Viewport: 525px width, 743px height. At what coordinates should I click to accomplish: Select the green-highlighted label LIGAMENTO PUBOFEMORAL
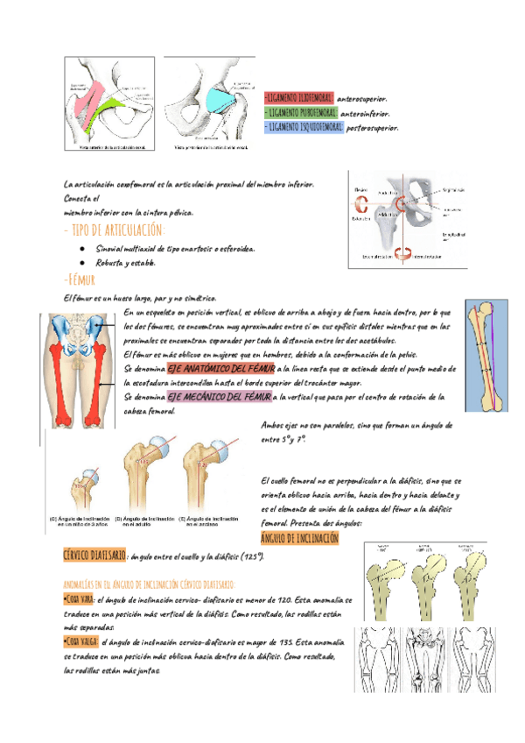(x=298, y=113)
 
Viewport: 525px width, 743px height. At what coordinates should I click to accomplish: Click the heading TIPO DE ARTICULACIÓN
(x=114, y=230)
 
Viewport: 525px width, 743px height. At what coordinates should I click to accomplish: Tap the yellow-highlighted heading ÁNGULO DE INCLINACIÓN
(x=300, y=537)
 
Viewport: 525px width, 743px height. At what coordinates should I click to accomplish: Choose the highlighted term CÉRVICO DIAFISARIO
(x=95, y=556)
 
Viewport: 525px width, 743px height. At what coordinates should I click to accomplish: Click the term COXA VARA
(x=81, y=599)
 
